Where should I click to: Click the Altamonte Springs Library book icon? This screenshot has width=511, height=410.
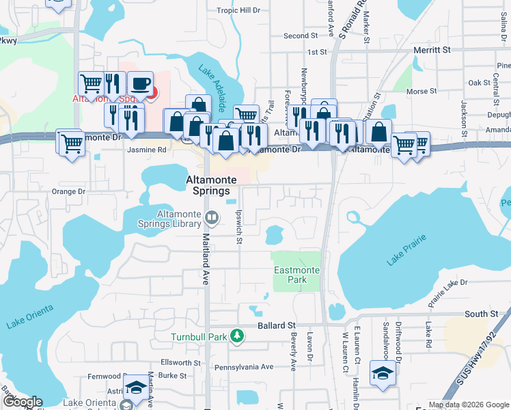[212, 219]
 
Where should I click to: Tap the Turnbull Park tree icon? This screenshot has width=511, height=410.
[236, 336]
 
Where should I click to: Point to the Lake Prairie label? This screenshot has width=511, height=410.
[406, 249]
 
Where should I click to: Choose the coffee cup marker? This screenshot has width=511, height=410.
[139, 84]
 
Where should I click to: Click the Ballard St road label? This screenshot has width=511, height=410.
[276, 326]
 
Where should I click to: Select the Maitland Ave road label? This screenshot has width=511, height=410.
[205, 259]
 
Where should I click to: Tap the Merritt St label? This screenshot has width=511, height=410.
[432, 50]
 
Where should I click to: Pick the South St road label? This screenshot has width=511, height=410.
[481, 314]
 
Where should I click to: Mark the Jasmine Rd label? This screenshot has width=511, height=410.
[146, 150]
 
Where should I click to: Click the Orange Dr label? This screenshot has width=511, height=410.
[68, 192]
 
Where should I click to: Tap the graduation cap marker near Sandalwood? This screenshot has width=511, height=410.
[381, 372]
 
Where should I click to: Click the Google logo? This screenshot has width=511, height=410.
[23, 402]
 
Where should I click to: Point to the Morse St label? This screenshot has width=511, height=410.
[421, 91]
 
